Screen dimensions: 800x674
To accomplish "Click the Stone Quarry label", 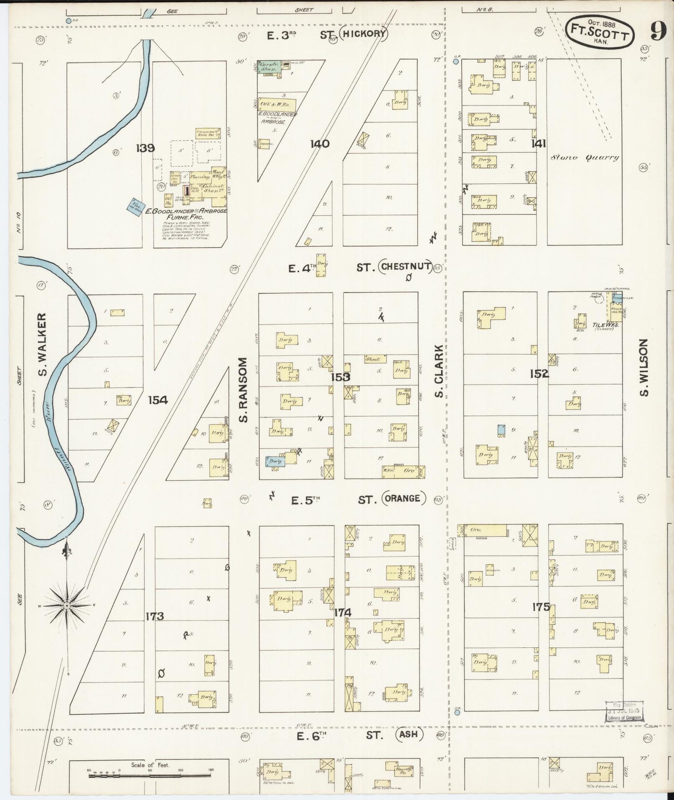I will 585,158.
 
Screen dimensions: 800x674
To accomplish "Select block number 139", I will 145,148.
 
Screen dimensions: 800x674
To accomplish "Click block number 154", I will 158,400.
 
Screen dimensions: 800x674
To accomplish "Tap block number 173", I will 154,616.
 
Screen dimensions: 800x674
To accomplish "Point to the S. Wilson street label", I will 645,367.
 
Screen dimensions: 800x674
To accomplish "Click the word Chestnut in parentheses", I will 406,267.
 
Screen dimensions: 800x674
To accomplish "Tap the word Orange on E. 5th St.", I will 404,498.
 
